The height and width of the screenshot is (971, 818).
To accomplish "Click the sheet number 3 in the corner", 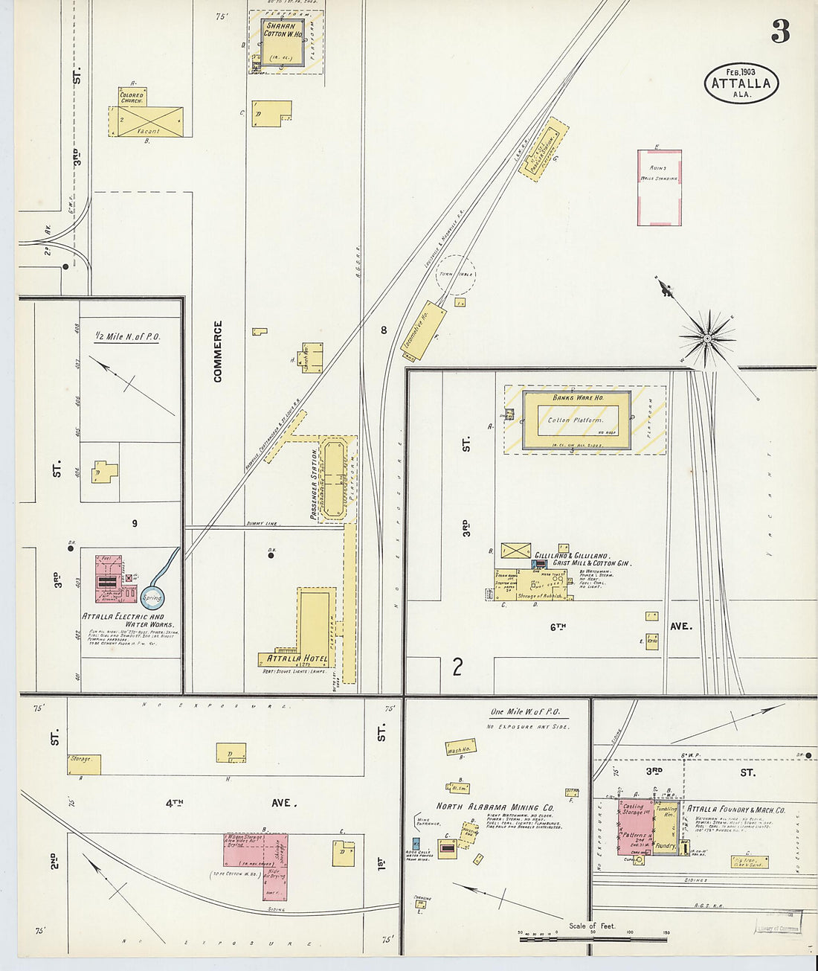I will coord(780,31).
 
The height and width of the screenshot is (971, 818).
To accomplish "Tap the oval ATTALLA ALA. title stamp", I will coord(741,83).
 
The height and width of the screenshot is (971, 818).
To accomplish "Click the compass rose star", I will coord(707,339).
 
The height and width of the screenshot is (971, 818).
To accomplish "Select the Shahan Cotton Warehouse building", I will coord(283,42).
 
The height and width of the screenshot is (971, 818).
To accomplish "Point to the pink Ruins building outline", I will coord(659,188).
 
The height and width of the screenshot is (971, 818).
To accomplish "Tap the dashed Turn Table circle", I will coord(455,274).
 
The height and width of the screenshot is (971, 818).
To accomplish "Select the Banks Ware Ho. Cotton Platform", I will coord(577,420).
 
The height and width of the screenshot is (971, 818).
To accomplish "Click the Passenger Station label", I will coord(314,484).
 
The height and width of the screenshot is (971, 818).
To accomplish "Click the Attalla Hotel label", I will coord(297,658).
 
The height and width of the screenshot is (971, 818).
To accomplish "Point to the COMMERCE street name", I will coord(218,351).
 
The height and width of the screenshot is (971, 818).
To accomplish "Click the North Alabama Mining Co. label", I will coord(495,807).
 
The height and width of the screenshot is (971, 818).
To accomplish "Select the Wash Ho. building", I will coord(460,748).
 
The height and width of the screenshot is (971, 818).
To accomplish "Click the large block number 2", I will coord(457,666).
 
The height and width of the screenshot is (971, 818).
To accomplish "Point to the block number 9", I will coord(135,524).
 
